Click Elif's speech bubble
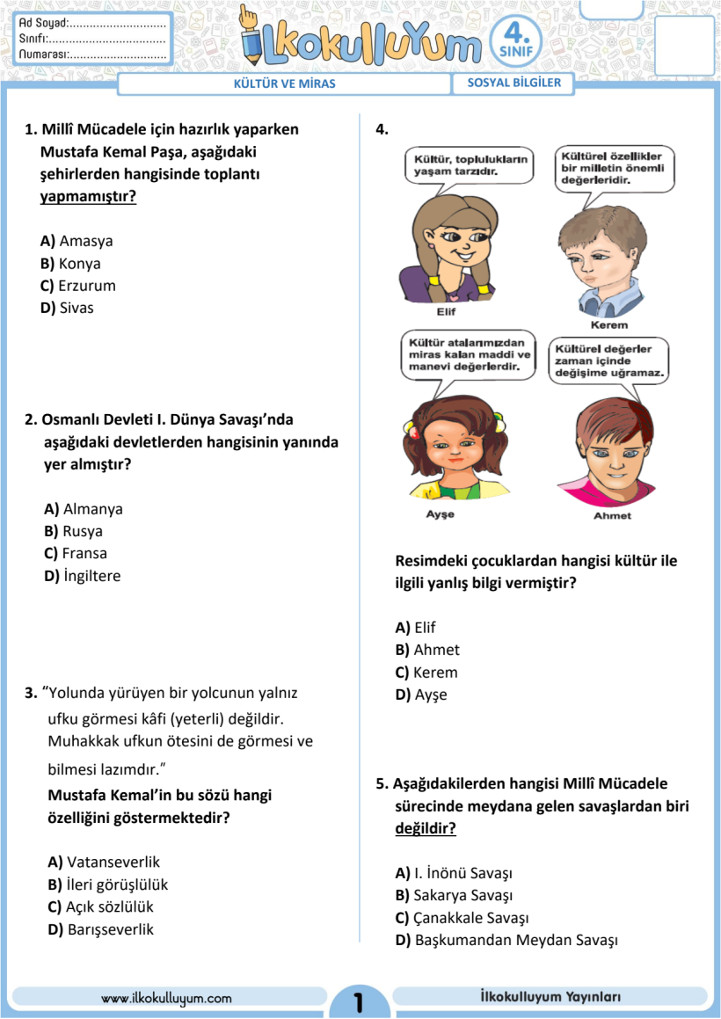471,165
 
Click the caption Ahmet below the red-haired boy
612,515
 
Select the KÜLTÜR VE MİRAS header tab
283,84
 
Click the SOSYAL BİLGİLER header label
513,84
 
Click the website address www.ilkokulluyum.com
166,998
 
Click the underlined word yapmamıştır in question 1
88,196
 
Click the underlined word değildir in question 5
426,828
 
